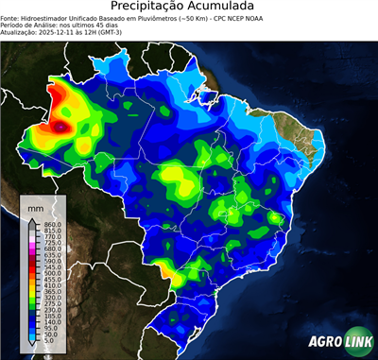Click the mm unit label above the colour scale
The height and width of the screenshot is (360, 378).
coord(36,205)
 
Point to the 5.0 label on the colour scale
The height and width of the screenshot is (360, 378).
coord(50,341)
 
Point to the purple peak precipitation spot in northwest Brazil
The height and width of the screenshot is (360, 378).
coord(63,124)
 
